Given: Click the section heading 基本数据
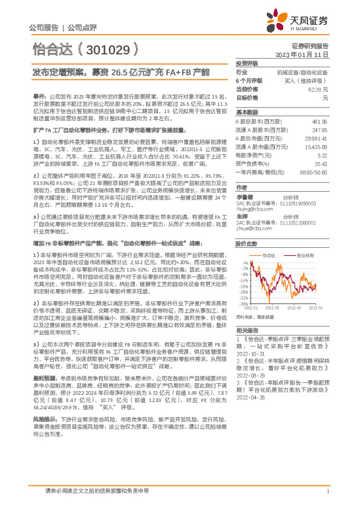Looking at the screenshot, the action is pos(246,112).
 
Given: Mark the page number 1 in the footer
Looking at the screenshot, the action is pos(327,491).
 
